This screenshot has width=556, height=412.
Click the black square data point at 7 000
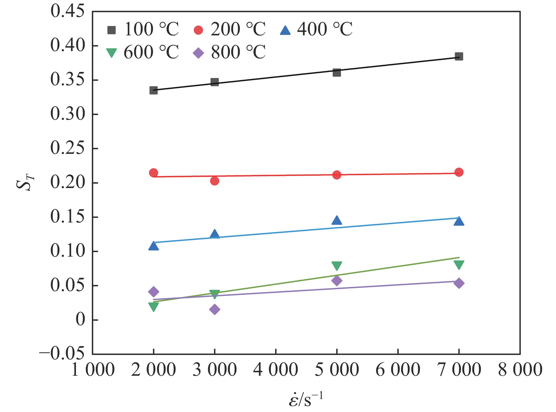[459, 57]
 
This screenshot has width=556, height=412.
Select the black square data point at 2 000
[154, 90]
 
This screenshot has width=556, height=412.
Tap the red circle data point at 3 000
[214, 181]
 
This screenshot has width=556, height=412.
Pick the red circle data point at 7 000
[459, 172]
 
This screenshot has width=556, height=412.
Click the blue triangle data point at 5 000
[337, 220]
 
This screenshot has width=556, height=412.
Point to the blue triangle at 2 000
[154, 246]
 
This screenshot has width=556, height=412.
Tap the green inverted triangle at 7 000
[459, 265]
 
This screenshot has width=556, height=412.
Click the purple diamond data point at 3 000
[214, 310]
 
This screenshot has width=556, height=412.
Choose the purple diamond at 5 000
[337, 281]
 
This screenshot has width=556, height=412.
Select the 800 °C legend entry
[229, 53]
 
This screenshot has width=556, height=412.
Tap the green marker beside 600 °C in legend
[111, 53]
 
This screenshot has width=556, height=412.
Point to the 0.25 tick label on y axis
[68, 148]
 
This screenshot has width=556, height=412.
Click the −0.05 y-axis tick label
[62, 353]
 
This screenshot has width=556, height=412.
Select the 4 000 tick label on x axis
[275, 370]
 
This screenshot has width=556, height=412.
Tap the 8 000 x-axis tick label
[520, 370]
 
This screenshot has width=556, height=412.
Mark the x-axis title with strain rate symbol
[306, 399]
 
